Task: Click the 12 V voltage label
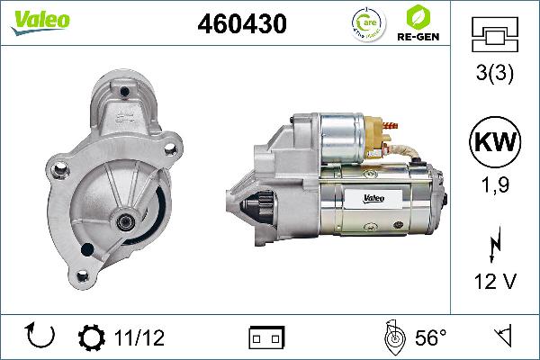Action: click(495, 283)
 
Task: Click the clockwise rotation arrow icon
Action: click(41, 337)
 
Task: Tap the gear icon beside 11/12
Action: click(92, 338)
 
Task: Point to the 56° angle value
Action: click(429, 338)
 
